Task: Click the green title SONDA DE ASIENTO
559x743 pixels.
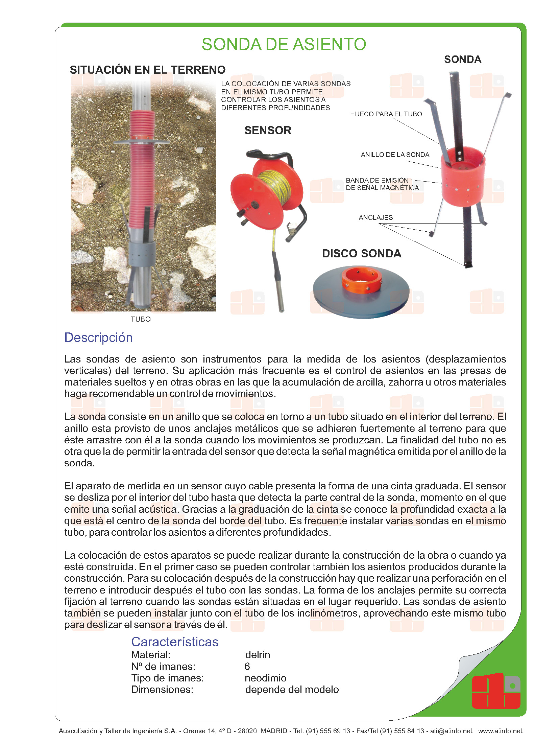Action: click(x=284, y=44)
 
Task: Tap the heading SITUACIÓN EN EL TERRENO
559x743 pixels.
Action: click(x=147, y=70)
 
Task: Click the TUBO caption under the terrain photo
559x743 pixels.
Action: click(x=141, y=319)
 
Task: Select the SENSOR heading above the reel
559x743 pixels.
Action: click(x=268, y=130)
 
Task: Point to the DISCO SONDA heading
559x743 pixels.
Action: click(x=361, y=253)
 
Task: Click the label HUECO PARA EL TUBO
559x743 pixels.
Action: click(x=386, y=114)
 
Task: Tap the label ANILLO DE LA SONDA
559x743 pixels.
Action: click(x=395, y=155)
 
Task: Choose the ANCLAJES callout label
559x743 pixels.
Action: click(x=375, y=217)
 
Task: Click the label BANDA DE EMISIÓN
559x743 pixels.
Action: click(x=377, y=180)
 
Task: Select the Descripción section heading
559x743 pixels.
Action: click(x=98, y=338)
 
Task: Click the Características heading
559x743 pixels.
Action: click(x=175, y=642)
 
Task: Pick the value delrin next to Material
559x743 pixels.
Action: click(x=258, y=654)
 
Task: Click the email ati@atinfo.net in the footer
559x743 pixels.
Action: click(x=451, y=731)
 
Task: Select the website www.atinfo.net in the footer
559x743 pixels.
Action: click(x=500, y=731)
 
